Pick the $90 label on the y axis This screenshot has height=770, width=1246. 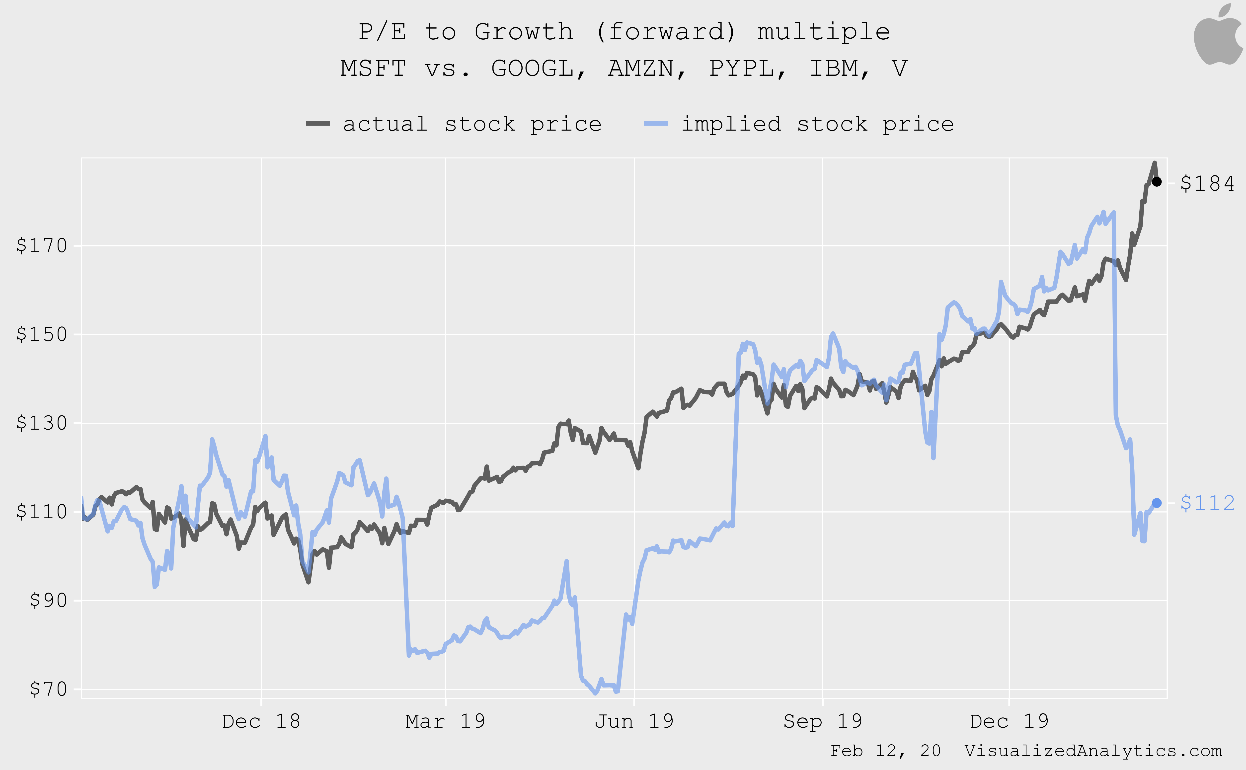tap(48, 600)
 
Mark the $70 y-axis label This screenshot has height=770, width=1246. tap(48, 689)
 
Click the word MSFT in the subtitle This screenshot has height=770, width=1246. tap(373, 68)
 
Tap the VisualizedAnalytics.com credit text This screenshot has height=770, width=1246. tap(1093, 751)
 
